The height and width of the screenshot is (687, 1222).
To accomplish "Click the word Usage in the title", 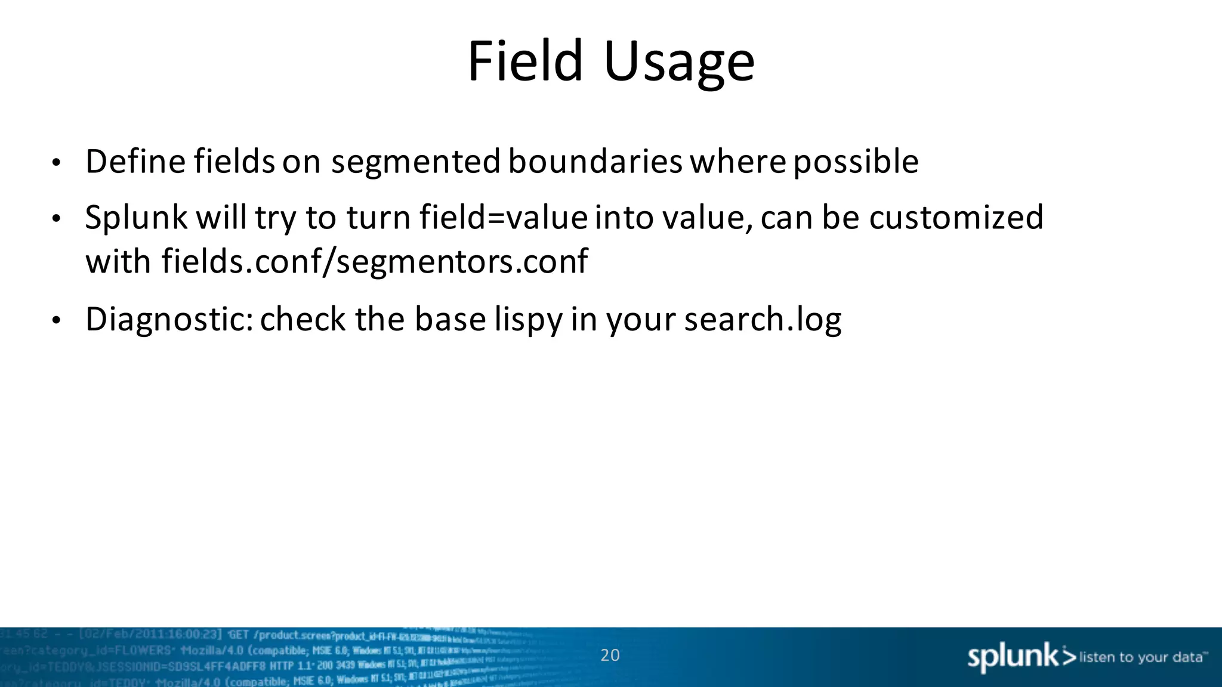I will pyautogui.click(x=679, y=62).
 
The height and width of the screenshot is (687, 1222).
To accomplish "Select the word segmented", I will pyautogui.click(x=415, y=163).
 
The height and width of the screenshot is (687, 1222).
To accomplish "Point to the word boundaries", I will pyautogui.click(x=595, y=162).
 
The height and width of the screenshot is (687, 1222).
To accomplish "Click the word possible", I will pyautogui.click(x=856, y=163).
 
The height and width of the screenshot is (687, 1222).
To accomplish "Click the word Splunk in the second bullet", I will pyautogui.click(x=136, y=218).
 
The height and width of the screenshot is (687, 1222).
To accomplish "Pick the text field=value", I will pyautogui.click(x=503, y=217).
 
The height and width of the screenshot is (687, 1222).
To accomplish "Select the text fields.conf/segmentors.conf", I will pyautogui.click(x=374, y=262).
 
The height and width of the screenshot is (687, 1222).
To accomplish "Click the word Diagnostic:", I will pyautogui.click(x=169, y=320).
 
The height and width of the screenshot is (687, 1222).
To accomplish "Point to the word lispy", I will pyautogui.click(x=528, y=320).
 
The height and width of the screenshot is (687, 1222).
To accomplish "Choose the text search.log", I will pyautogui.click(x=763, y=320).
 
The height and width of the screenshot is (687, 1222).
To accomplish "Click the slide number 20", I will pyautogui.click(x=610, y=655).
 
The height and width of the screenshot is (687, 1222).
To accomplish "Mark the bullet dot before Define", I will pyautogui.click(x=56, y=163).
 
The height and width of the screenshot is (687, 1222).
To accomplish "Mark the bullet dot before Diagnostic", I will pyautogui.click(x=56, y=321).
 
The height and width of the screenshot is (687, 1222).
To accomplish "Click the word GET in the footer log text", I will pyautogui.click(x=238, y=634).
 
